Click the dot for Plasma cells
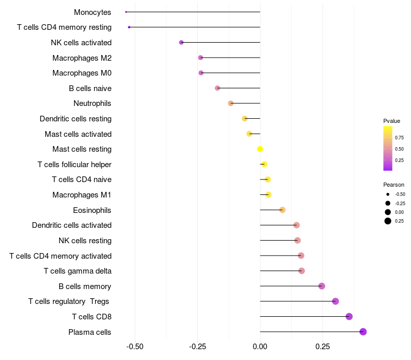(363, 332)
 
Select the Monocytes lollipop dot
(126, 12)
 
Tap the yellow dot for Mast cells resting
(260, 149)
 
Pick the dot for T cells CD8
(349, 316)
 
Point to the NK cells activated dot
(181, 42)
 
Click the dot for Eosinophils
(282, 210)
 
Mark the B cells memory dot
(322, 286)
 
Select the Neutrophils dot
(231, 103)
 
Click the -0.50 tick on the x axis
(135, 347)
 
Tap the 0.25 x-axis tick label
(323, 347)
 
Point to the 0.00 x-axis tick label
(260, 347)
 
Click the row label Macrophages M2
(82, 58)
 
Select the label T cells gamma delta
(78, 271)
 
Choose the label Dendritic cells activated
(71, 225)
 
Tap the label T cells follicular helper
(74, 165)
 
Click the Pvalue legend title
(391, 121)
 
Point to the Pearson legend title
(394, 185)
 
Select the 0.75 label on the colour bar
(399, 137)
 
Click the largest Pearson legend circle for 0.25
(388, 221)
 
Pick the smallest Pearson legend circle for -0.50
(388, 194)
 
